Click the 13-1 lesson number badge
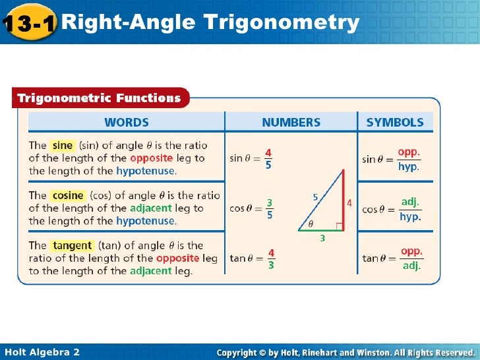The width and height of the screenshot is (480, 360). pos(29,24)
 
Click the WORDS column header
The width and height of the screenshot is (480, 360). pos(126,122)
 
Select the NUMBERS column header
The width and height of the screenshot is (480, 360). pos(291,122)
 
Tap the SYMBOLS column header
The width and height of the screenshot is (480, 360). pos(395,122)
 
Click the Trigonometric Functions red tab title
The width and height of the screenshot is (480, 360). pos(99,98)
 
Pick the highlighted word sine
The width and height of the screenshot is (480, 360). pos(63,145)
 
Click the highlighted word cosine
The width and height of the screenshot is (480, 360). pos(68,195)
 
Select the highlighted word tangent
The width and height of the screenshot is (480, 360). pos(73,245)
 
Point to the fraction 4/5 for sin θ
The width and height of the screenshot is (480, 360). pos(268,158)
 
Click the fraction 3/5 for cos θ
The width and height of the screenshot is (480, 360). pos(269,208)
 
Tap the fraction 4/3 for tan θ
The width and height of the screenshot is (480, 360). pos(271,258)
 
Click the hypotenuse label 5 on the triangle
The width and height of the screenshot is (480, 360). pos(315,196)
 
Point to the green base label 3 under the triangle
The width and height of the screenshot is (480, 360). pos(322,239)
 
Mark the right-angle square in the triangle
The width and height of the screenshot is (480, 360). pos(339,226)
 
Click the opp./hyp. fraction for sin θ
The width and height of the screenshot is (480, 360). pos(409,159)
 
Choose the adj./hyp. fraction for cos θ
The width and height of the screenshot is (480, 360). pos(409,208)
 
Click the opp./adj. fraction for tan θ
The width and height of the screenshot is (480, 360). pos(411,258)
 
